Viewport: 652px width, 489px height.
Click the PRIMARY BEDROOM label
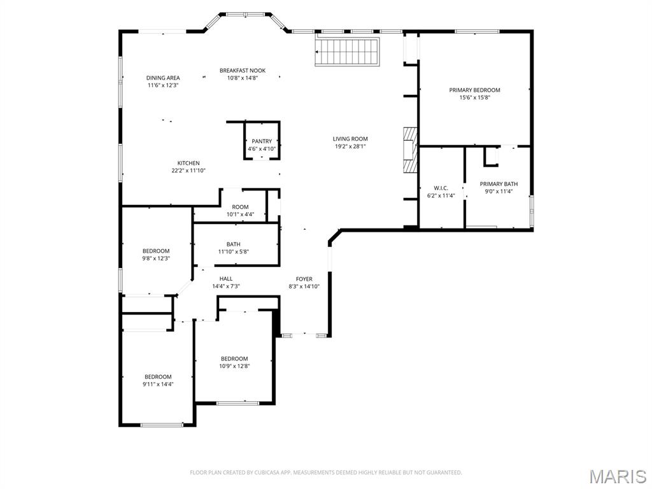coord(474,90)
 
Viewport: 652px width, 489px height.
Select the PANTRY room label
coord(262,141)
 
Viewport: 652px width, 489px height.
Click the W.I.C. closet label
coord(441,188)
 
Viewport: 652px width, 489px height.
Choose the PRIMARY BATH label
coord(499,184)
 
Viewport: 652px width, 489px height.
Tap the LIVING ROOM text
coord(350,139)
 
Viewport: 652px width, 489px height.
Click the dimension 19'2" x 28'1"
coord(350,146)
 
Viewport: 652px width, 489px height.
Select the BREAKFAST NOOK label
coord(243,71)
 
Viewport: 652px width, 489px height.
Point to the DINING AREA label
coord(163,78)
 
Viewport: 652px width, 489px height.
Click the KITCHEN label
coord(188,163)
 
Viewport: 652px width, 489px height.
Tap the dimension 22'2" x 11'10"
coord(188,171)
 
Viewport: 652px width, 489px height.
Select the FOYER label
coord(304,279)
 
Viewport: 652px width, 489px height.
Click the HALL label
coord(226,279)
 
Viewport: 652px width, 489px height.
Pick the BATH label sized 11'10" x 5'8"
coord(233,244)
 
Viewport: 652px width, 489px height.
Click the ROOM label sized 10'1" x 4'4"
coord(240,207)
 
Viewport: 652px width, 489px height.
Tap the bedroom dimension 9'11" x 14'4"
coord(158,385)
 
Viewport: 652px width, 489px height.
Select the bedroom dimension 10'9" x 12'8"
coord(234,366)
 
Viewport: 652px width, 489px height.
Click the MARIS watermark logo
coord(617,476)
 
